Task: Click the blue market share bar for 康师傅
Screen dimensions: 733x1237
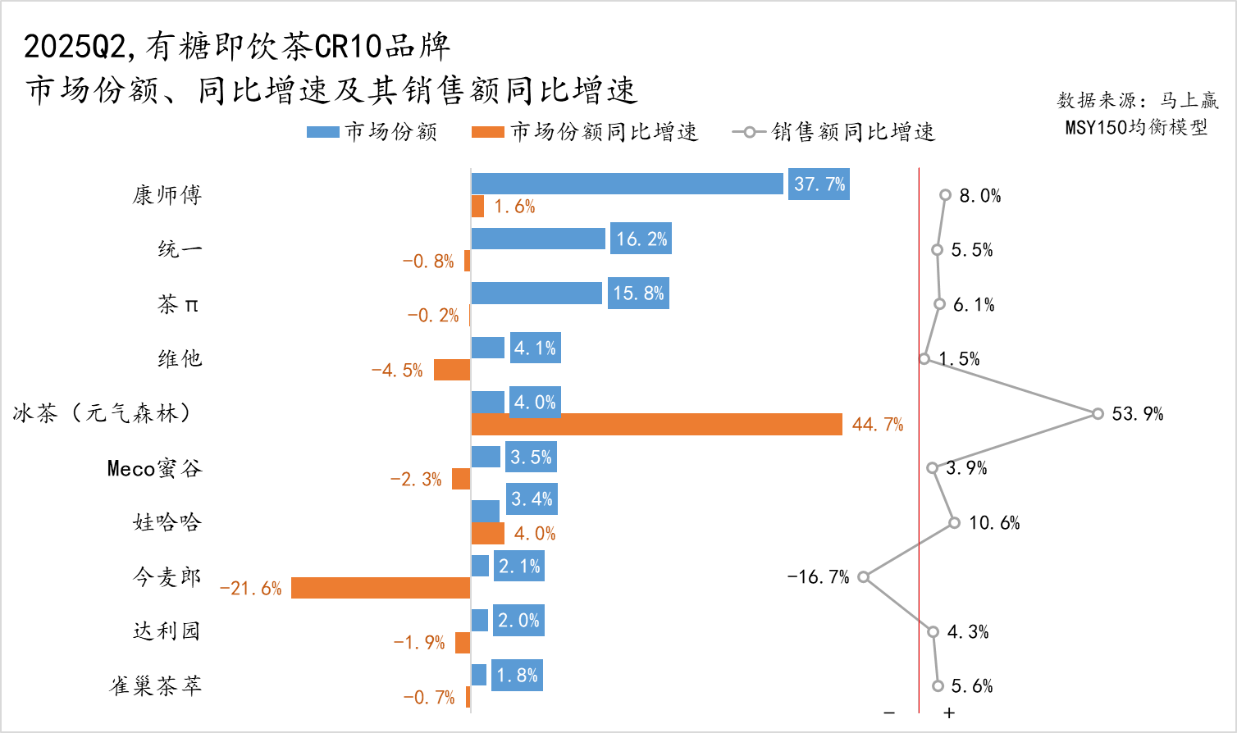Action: click(627, 184)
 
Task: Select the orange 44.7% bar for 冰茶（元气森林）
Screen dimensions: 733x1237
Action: click(656, 424)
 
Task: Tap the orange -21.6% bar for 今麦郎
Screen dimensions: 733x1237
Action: click(381, 588)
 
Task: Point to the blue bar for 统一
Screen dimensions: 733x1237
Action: click(538, 239)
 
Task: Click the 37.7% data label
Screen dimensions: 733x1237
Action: click(819, 184)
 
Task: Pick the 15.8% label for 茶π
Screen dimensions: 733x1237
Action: click(638, 294)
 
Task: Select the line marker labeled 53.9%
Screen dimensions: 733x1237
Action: click(1098, 413)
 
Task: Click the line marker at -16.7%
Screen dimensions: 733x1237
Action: click(863, 577)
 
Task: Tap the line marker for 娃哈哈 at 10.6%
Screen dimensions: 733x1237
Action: click(954, 522)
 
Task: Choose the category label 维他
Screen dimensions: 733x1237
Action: click(180, 358)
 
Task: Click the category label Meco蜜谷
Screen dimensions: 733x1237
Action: click(154, 468)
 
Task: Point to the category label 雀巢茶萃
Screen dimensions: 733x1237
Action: click(156, 685)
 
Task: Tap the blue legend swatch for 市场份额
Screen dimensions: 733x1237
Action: click(322, 132)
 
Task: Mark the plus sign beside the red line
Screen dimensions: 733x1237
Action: click(949, 713)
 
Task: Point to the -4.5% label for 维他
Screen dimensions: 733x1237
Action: click(397, 371)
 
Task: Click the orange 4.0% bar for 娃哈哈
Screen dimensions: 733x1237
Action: click(487, 534)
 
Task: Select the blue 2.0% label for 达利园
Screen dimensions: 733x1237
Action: click(518, 621)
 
